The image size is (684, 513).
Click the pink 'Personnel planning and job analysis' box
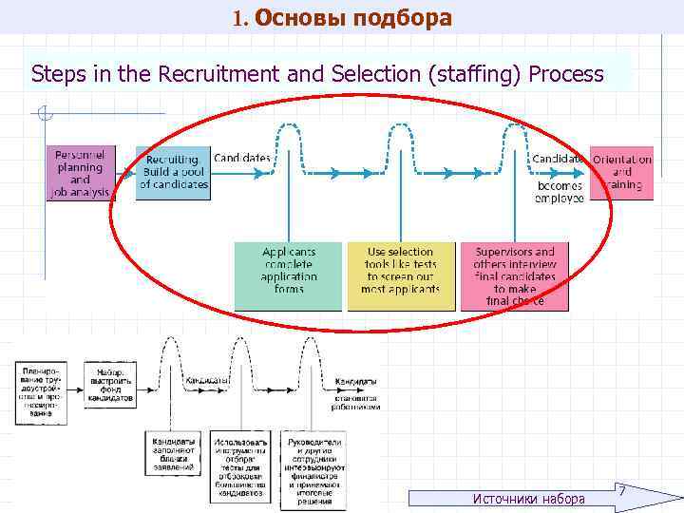tap(80, 173)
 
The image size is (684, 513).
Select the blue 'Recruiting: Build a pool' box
tap(173, 173)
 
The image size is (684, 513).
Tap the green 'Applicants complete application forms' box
tap(288, 275)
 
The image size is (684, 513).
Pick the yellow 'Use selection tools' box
tap(400, 275)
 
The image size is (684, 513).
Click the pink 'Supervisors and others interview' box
tap(514, 275)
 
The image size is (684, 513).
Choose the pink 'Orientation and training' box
tap(621, 173)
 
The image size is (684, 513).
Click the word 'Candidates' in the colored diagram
tap(242, 158)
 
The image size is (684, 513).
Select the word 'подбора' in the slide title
tap(404, 17)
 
